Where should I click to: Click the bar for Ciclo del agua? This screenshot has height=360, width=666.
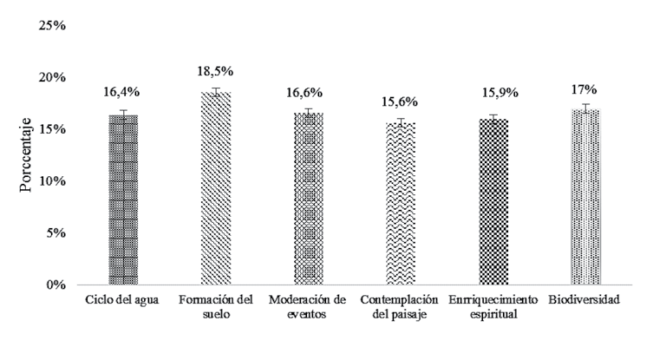tap(123, 200)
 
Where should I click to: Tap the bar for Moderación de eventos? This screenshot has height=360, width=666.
tap(309, 199)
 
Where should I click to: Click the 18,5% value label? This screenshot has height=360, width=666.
tap(216, 70)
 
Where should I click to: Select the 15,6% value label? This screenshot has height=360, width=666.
tap(402, 101)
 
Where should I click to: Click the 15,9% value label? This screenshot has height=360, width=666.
tap(494, 93)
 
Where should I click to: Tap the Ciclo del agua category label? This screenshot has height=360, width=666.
tap(123, 300)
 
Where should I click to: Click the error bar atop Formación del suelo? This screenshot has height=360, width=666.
tap(216, 92)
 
